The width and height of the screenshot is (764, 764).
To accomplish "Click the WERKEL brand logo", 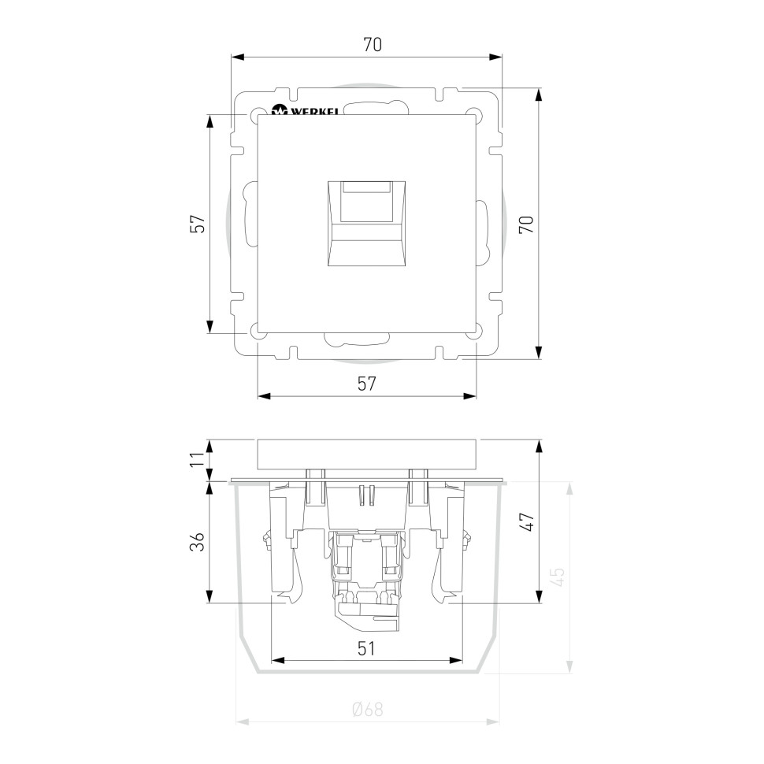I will click(304, 111).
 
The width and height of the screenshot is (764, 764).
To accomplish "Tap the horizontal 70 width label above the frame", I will click(372, 46).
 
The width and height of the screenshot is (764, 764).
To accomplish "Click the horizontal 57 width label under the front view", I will click(366, 384).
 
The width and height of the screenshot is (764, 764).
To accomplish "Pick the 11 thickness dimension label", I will click(197, 459).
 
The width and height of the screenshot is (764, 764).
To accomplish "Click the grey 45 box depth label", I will click(557, 577).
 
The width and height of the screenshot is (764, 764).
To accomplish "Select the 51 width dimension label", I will click(366, 648).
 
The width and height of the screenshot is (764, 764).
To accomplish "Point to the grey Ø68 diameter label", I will click(367, 710).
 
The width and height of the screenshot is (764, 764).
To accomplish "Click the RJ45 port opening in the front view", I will click(366, 224).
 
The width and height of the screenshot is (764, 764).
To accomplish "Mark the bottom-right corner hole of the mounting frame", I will click(474, 332).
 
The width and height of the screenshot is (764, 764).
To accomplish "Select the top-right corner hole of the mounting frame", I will click(474, 115).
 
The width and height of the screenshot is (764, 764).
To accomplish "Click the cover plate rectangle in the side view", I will click(367, 454).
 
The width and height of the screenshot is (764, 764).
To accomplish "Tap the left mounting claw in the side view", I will click(284, 543).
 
